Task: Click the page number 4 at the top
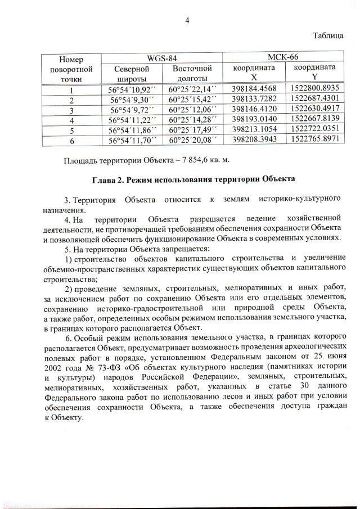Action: [x=187, y=21]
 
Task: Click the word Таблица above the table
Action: [x=328, y=35]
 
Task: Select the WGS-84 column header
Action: [x=161, y=58]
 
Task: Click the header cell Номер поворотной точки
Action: [x=71, y=69]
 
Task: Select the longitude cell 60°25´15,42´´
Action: [x=192, y=100]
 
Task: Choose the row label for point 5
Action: [x=71, y=130]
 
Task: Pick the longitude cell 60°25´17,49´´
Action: [x=192, y=130]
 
